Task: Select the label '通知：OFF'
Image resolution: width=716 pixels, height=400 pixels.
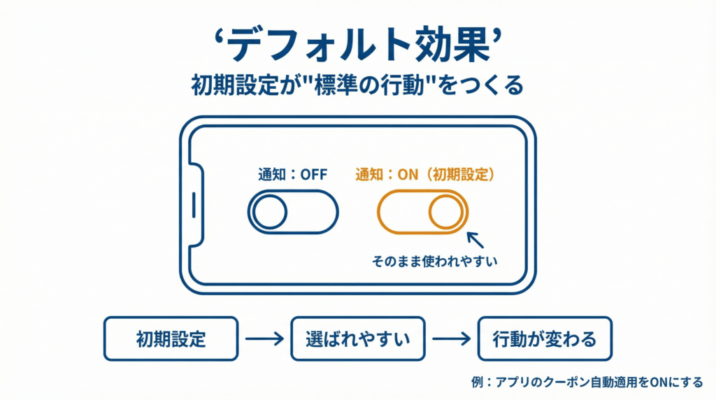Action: coord(293,176)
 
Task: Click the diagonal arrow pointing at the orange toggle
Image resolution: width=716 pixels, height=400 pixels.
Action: coord(475,241)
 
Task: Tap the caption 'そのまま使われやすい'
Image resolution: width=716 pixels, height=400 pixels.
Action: coord(438,263)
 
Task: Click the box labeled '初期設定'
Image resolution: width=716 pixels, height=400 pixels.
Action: coord(171,339)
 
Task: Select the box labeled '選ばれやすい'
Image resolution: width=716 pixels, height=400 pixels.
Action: coord(357,339)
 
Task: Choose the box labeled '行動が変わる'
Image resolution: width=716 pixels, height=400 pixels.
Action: coord(544,339)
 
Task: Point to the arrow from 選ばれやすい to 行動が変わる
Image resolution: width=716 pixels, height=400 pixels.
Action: coord(451,339)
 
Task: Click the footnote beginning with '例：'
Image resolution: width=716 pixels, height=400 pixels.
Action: coord(587,383)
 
